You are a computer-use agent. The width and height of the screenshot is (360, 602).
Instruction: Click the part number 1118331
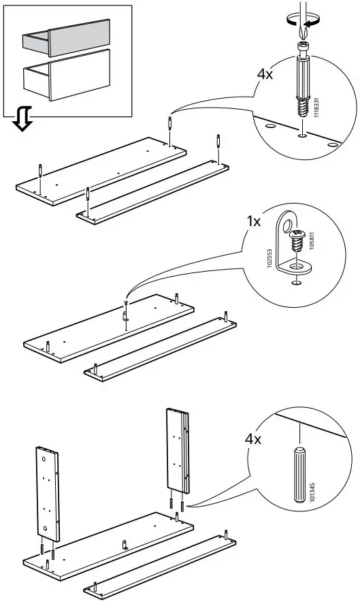[x=316, y=108]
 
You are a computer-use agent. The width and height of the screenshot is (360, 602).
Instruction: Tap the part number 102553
[x=269, y=259]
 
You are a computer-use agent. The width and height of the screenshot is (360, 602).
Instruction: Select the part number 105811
[x=311, y=240]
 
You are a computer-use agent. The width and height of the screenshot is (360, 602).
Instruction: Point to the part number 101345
[x=312, y=492]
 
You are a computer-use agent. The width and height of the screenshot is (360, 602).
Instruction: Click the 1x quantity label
[x=253, y=221]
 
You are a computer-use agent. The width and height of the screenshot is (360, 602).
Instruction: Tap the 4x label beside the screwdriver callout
[x=265, y=74]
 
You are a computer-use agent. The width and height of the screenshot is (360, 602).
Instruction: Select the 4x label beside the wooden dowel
[x=253, y=439]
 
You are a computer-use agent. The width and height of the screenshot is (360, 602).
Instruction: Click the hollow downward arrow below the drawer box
[x=22, y=118]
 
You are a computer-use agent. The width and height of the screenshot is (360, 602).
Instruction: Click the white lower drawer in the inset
[x=67, y=76]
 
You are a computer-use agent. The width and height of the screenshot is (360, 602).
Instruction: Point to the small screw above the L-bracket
[x=296, y=240]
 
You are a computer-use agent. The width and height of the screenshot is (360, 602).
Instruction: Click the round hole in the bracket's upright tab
[x=287, y=227]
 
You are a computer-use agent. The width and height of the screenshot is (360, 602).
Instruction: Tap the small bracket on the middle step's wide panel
[x=125, y=315]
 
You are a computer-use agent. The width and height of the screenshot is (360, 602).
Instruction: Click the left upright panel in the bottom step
[x=48, y=493]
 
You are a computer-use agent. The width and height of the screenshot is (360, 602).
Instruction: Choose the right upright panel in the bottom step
[x=178, y=450]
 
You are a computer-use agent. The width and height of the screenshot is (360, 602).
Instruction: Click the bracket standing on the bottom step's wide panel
[x=125, y=544]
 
